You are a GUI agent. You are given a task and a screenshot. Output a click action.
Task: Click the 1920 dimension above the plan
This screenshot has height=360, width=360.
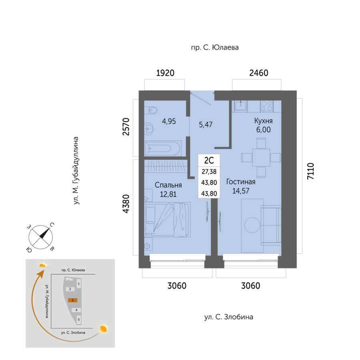tap(165, 73)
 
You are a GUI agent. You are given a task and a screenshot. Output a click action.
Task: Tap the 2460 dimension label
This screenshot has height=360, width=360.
tap(259, 73)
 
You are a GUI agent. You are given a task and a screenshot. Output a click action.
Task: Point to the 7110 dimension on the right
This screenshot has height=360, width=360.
tap(310, 171)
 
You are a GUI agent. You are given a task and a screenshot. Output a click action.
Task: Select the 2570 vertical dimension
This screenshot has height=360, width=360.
tap(126, 126)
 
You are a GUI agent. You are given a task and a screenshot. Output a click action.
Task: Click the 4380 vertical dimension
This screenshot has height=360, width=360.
tap(126, 204)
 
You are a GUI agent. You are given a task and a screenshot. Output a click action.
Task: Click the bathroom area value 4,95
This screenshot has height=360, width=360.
tap(169, 122)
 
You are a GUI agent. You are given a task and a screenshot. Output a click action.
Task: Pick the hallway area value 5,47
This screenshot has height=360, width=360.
tap(206, 125)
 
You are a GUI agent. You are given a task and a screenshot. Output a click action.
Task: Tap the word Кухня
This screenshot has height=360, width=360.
tap(263, 121)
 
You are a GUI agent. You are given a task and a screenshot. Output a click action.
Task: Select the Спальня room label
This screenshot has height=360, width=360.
tap(168, 185)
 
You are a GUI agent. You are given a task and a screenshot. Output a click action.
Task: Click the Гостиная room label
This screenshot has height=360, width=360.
tap(241, 182)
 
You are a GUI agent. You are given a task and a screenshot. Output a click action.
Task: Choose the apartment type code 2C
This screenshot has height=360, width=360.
tap(209, 160)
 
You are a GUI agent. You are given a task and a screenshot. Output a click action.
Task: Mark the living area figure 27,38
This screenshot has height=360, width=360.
tap(209, 172)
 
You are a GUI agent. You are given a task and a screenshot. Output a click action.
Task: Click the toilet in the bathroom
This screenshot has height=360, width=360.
tap(152, 110)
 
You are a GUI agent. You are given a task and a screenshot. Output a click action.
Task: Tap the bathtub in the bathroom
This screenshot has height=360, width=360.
tap(163, 148)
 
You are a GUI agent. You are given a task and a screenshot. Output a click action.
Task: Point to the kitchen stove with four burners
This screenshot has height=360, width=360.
tap(266, 106)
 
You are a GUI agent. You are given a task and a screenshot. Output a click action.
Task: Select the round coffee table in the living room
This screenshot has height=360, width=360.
tap(252, 225)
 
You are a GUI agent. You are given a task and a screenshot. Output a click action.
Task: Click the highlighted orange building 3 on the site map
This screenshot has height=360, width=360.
tap(72, 300)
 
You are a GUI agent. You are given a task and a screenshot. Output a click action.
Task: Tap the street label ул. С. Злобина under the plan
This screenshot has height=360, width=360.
tap(229, 317)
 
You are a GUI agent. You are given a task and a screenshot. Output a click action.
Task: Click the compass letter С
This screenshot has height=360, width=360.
tap(52, 225)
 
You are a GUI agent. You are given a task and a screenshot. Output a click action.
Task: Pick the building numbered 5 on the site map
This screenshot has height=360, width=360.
tap(79, 320)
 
